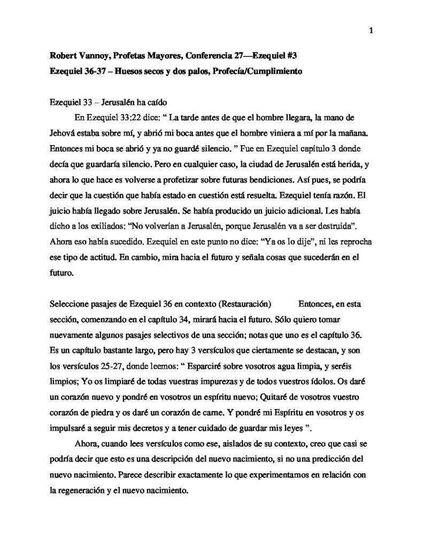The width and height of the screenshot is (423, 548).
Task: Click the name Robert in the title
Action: coord(64,55)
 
